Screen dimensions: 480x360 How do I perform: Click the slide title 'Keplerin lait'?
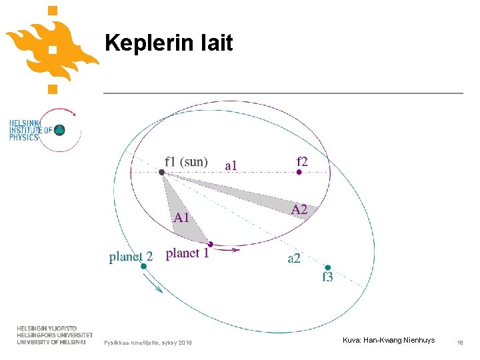[169, 43]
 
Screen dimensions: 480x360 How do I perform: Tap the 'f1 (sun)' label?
[186, 161]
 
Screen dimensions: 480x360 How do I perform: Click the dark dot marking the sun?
[161, 172]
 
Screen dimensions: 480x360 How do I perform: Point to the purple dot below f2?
[299, 172]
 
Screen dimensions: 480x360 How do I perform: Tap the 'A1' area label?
[182, 217]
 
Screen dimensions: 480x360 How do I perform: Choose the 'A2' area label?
[299, 209]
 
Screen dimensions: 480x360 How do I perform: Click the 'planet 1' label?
[187, 253]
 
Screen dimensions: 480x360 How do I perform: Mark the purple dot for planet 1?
[210, 244]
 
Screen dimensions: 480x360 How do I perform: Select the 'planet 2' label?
[131, 257]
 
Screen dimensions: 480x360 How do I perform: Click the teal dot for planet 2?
[143, 266]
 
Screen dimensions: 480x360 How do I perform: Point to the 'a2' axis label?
[294, 258]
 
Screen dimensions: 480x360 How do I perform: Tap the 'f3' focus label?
[327, 277]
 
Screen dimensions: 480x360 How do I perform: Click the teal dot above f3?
[327, 267]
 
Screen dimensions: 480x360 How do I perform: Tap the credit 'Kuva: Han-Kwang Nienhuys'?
[389, 341]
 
